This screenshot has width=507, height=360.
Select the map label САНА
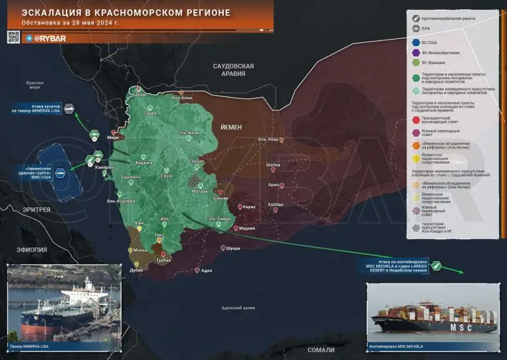[166, 176]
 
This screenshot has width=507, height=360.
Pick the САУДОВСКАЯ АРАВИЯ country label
[232, 70]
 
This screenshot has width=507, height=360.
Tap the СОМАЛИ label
[321, 351]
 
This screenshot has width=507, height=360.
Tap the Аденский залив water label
[238, 307]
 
